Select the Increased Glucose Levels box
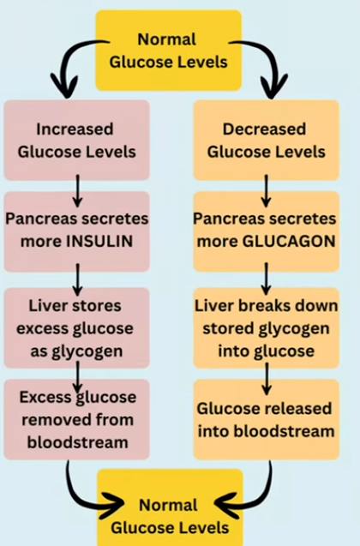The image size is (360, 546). point(77,140)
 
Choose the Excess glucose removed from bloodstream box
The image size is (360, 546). point(77,421)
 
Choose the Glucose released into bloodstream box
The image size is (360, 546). point(265,419)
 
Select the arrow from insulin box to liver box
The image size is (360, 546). point(78,277)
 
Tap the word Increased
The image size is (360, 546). point(77,129)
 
